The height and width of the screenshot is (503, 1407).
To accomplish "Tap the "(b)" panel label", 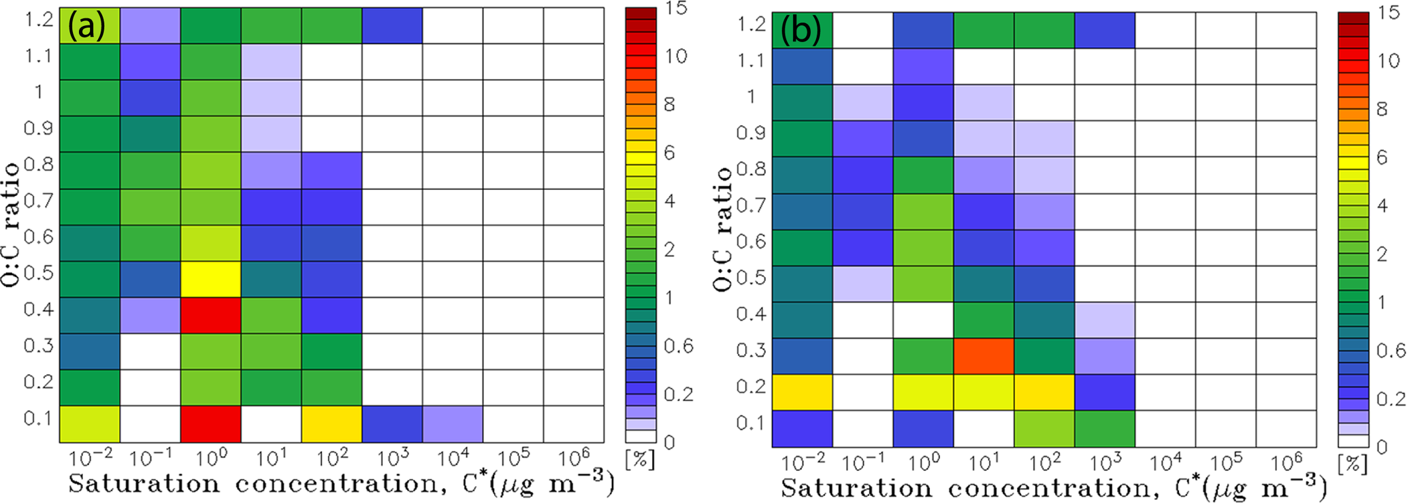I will coord(800,31).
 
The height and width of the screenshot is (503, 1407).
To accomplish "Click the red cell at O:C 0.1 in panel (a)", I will coord(210,424).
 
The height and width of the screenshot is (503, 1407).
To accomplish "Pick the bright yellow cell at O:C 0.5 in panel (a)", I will coord(210,279).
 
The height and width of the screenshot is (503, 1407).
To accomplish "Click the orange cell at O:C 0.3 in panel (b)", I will coord(984,356).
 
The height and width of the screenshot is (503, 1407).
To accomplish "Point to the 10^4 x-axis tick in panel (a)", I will coord(452,457).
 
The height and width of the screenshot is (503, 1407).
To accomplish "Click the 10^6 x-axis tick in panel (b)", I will coord(1285,462).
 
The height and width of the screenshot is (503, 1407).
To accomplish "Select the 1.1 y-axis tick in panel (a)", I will coord(39,56).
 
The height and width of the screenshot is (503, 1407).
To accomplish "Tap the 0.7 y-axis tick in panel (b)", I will coord(751,205).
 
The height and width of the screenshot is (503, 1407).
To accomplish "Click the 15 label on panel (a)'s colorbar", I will coord(675,8).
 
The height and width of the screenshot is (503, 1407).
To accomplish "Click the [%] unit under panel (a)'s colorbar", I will coord(640,459).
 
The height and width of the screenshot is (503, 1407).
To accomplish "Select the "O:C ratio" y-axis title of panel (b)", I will coord(723,229).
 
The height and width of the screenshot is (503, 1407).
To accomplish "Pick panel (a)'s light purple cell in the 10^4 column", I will coord(452,424).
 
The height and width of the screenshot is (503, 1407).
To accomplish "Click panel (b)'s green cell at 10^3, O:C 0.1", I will coord(1105,429).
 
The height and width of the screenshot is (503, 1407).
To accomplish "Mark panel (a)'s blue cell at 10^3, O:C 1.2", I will coord(391,26).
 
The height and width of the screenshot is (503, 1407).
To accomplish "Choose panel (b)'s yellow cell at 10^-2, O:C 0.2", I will coord(802,392).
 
